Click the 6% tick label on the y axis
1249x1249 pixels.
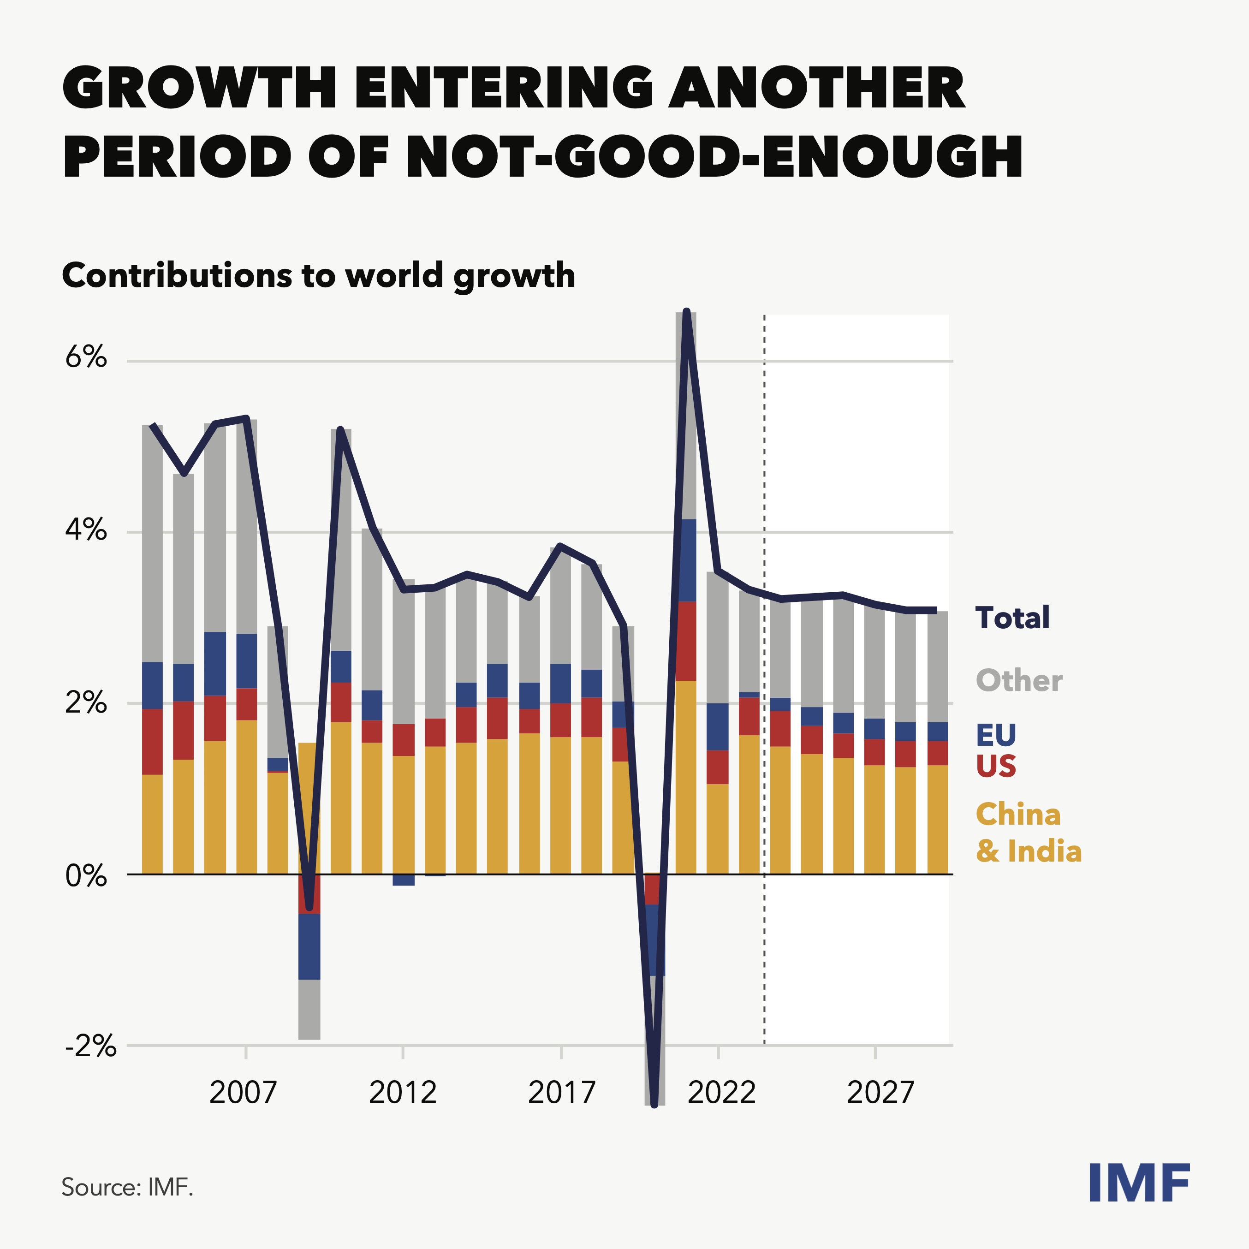tap(85, 357)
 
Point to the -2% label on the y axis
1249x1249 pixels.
tap(90, 1045)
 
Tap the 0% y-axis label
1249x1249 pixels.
tap(85, 876)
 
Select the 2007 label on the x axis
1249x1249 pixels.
tap(243, 1093)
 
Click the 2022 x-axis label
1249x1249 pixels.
tap(721, 1093)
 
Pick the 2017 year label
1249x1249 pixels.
tap(561, 1093)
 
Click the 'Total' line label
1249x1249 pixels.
tap(1012, 618)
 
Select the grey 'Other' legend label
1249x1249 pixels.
tap(1019, 681)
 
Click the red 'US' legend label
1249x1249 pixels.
tap(996, 766)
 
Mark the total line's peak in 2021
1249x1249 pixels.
tap(687, 313)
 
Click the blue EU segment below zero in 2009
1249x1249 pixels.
tap(309, 946)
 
